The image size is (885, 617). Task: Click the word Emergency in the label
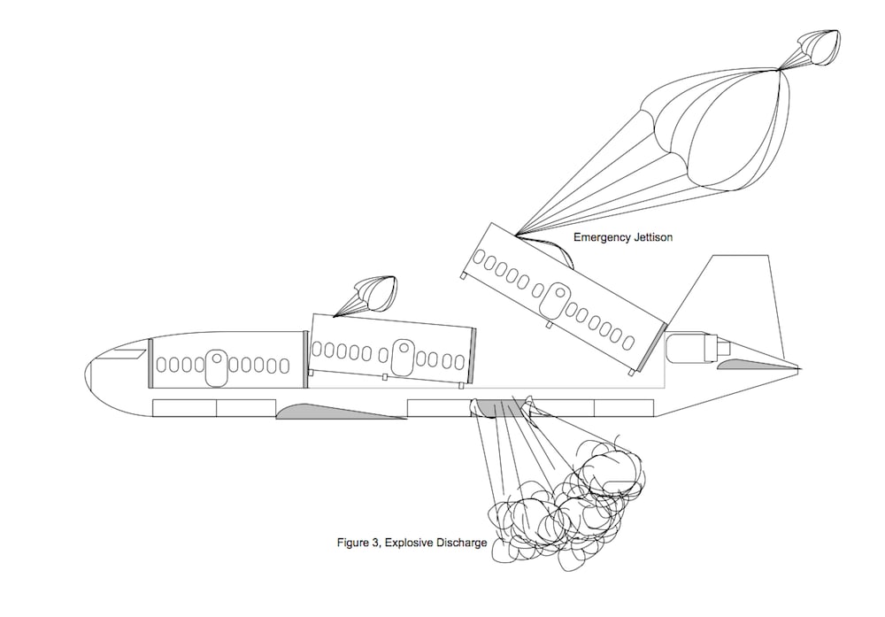[602, 237]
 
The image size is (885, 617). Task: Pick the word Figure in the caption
[352, 542]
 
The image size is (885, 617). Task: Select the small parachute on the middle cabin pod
[372, 294]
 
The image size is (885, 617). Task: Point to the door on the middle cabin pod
[403, 359]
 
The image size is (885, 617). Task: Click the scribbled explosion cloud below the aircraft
[566, 496]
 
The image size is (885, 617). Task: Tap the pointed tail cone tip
[797, 366]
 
